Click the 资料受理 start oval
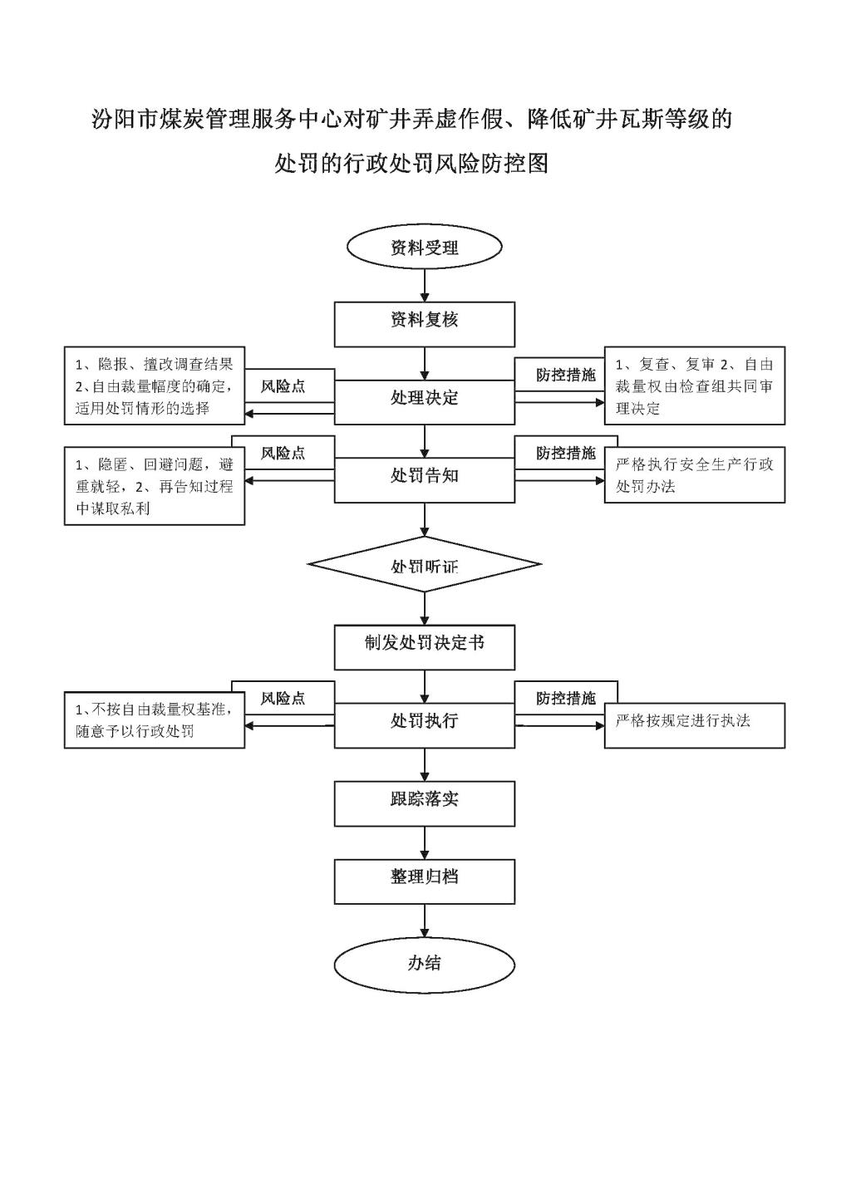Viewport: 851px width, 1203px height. click(x=425, y=247)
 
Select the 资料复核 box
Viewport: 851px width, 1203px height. click(x=425, y=324)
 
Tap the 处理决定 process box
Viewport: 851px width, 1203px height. click(x=425, y=402)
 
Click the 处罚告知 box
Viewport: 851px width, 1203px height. click(x=425, y=480)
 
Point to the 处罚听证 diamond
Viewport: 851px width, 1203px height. click(x=425, y=564)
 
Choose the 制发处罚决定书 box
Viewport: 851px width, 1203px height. click(x=425, y=647)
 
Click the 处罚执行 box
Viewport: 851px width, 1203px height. click(x=425, y=725)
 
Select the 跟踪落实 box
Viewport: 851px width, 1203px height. click(x=425, y=803)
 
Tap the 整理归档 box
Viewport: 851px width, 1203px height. click(x=425, y=881)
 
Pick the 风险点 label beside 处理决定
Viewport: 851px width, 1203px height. click(x=283, y=386)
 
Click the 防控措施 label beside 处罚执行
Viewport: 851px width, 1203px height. click(x=566, y=698)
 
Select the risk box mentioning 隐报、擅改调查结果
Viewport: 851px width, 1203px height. click(x=155, y=385)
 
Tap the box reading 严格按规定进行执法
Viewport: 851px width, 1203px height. click(x=695, y=725)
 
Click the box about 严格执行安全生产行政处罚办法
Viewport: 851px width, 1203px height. click(x=695, y=474)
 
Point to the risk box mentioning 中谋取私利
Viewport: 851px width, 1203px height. click(x=155, y=486)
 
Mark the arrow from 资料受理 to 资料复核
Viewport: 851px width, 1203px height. click(x=425, y=286)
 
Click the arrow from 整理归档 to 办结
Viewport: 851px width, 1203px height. click(x=425, y=921)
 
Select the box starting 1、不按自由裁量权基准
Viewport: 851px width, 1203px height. click(x=155, y=720)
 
